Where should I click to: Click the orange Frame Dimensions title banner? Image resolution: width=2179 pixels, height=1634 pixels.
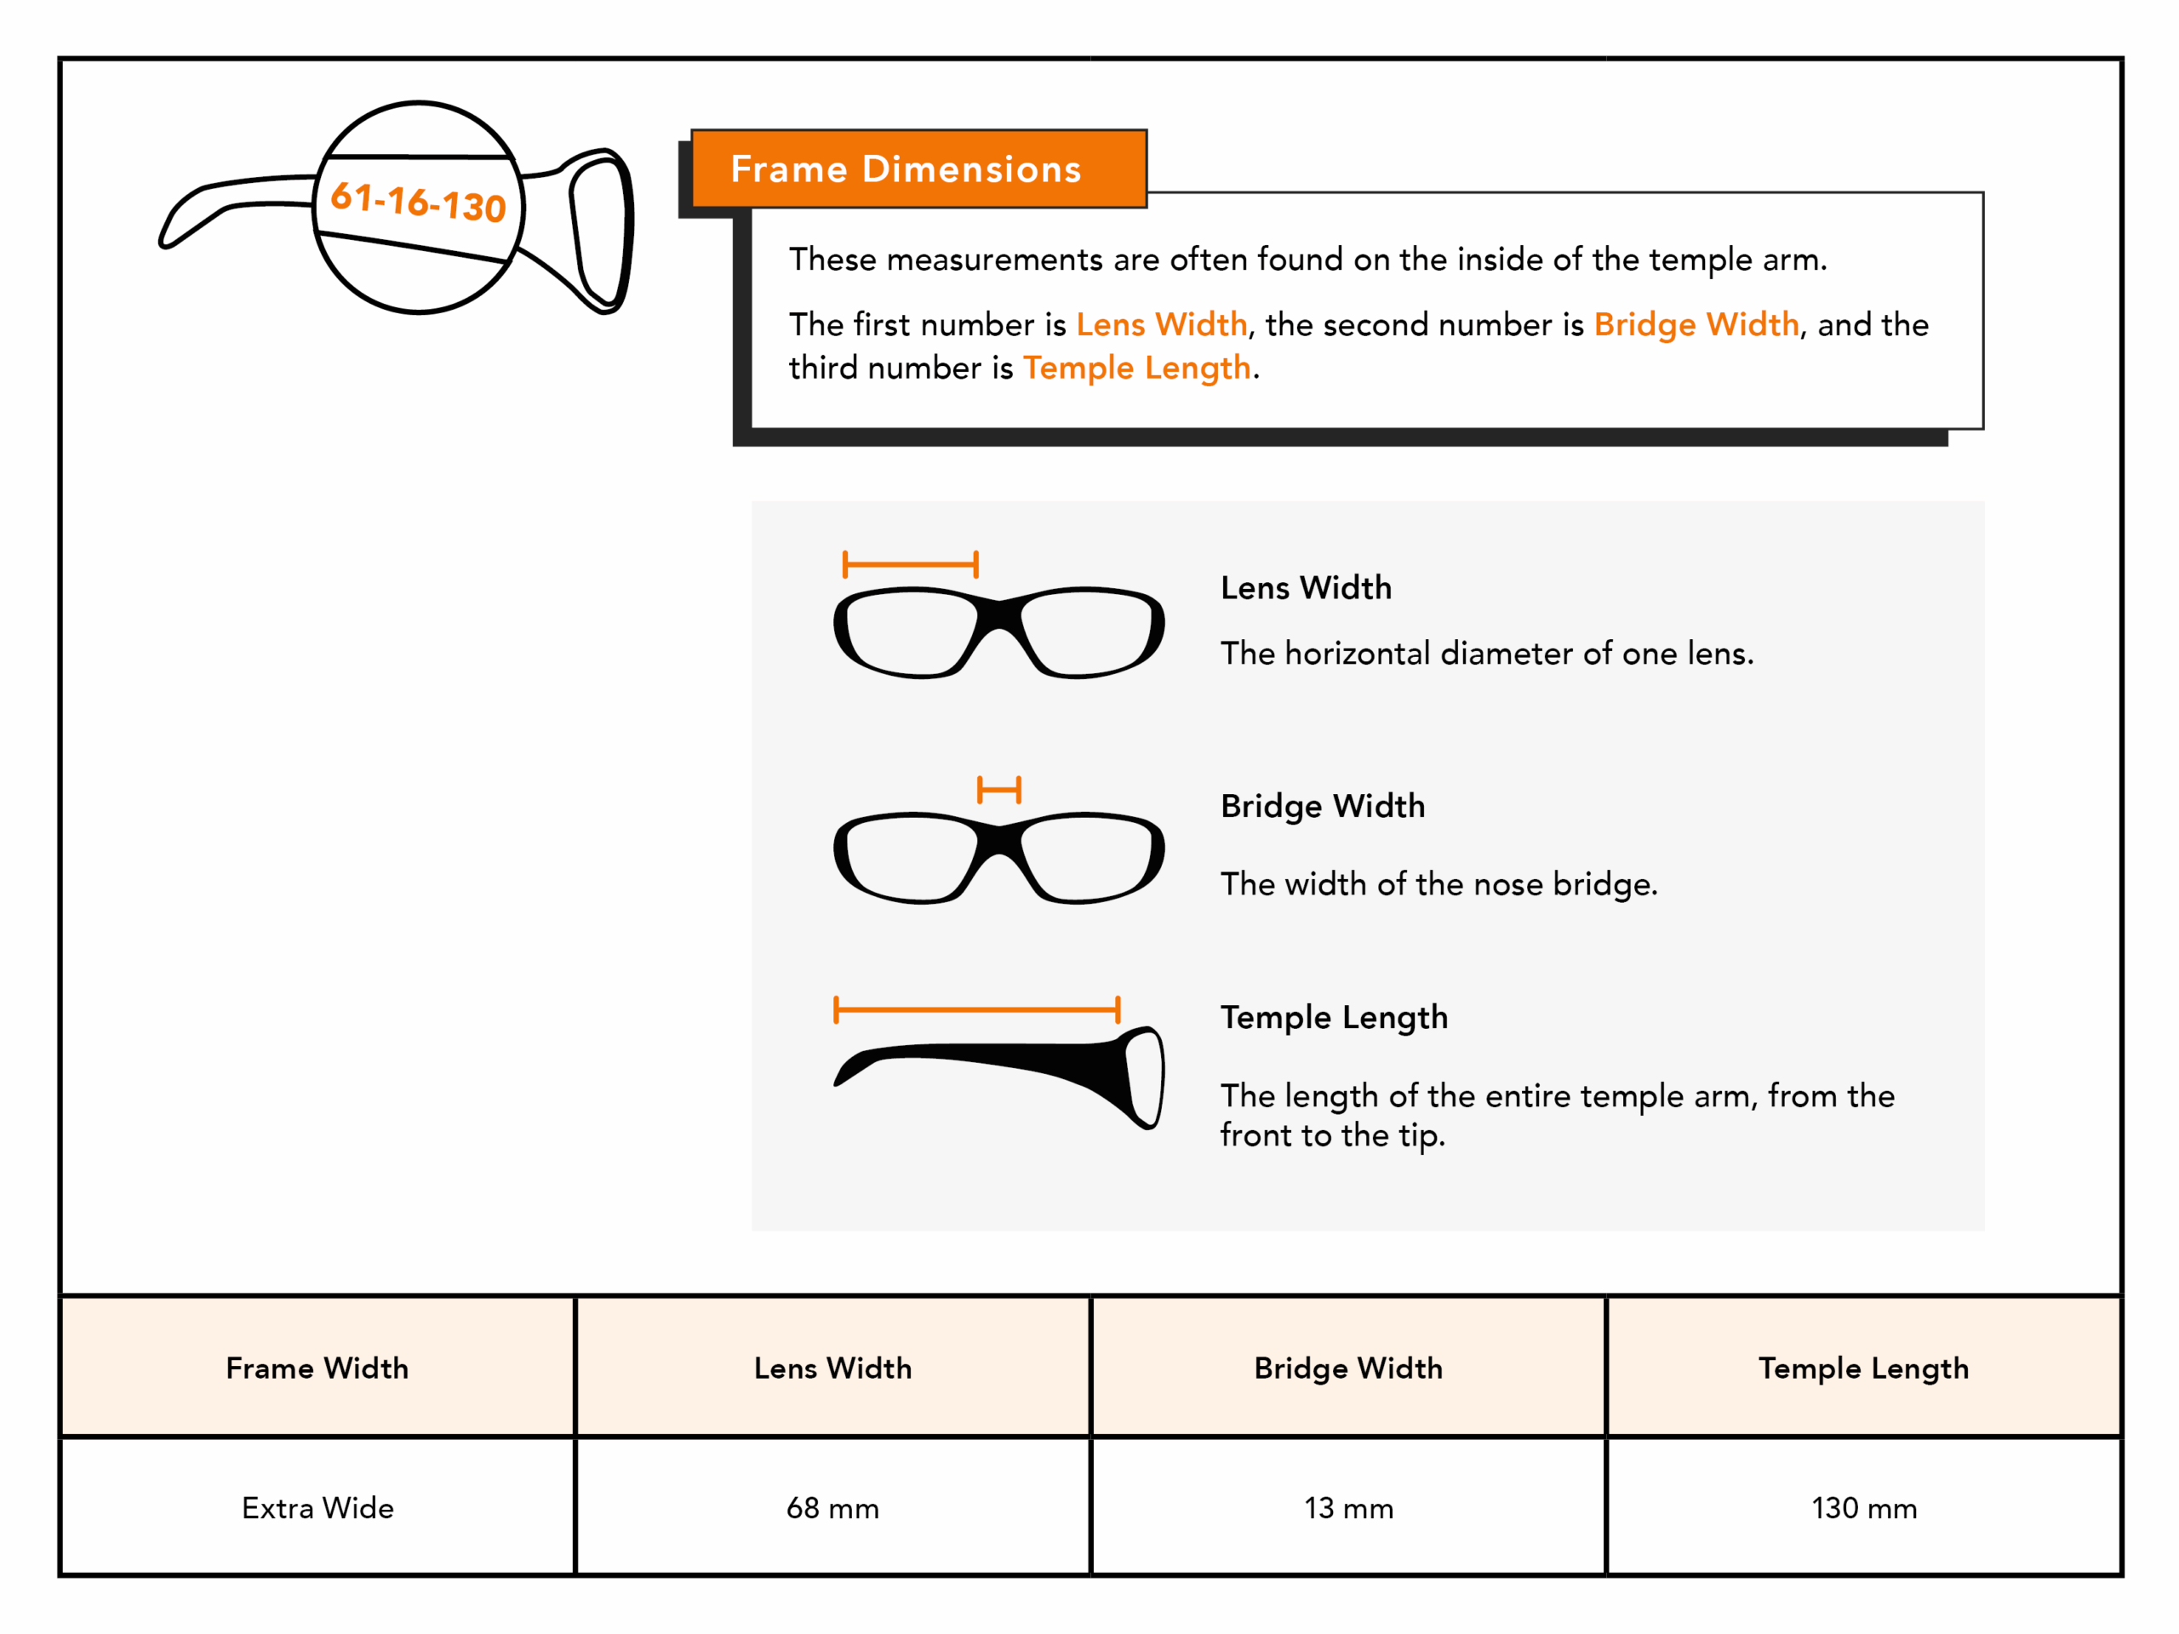[x=918, y=169]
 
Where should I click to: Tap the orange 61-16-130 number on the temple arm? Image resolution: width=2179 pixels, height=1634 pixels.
[x=418, y=202]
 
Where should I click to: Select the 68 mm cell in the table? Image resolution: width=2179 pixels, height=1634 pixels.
[x=832, y=1508]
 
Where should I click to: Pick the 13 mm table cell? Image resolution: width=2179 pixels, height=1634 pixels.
[x=1348, y=1508]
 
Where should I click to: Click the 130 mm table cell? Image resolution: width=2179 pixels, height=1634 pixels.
[x=1864, y=1508]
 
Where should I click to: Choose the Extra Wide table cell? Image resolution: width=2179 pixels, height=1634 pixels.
[x=317, y=1508]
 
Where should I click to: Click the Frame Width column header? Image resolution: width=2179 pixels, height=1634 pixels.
[x=317, y=1368]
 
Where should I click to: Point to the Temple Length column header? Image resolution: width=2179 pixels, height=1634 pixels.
[x=1864, y=1368]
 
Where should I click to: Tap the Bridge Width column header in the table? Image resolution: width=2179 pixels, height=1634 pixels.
[x=1348, y=1368]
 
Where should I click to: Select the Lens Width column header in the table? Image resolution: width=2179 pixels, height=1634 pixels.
[x=832, y=1368]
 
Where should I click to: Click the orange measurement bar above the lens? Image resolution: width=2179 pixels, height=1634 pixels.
[x=910, y=564]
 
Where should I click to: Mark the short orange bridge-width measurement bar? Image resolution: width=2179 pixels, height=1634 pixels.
[x=999, y=790]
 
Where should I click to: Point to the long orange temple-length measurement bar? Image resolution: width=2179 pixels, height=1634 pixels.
[x=976, y=1009]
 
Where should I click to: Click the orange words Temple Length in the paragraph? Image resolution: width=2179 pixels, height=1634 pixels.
[x=1137, y=369]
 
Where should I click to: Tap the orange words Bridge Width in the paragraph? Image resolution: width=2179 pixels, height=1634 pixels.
[x=1696, y=325]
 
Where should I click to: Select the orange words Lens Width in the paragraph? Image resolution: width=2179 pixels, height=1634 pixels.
[x=1161, y=325]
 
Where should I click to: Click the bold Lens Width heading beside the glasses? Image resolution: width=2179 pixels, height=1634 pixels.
[x=1307, y=588]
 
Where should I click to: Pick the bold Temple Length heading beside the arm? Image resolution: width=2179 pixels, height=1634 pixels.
[x=1334, y=1018]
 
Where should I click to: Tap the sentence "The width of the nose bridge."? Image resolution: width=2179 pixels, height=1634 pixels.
[x=1438, y=884]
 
